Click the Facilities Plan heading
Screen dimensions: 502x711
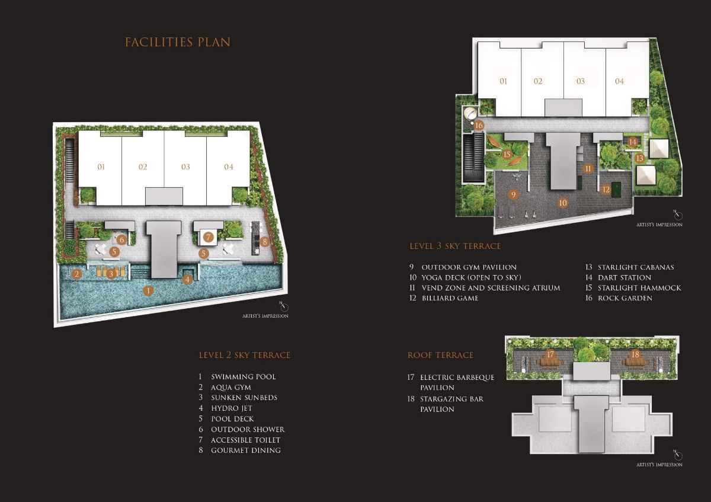[177, 42]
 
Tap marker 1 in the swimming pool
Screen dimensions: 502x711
[148, 290]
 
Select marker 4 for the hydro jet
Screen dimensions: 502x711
[187, 279]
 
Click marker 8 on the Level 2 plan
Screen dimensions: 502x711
[264, 241]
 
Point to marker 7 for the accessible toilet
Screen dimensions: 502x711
[208, 237]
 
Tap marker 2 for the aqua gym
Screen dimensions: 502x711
[76, 273]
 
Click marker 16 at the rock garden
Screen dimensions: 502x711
[479, 125]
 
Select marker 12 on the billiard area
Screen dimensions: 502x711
[606, 190]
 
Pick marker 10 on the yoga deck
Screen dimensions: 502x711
[562, 203]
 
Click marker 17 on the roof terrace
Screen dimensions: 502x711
[550, 354]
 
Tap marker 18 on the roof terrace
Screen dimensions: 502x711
[636, 354]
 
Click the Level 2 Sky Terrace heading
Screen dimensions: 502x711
[244, 355]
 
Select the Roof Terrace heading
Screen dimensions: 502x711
[440, 355]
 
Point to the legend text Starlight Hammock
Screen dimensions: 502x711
[639, 288]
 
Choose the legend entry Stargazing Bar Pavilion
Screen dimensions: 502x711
[451, 404]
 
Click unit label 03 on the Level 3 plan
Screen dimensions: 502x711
[580, 81]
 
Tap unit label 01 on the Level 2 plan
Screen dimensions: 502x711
[101, 167]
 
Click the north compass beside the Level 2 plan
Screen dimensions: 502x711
[284, 306]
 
